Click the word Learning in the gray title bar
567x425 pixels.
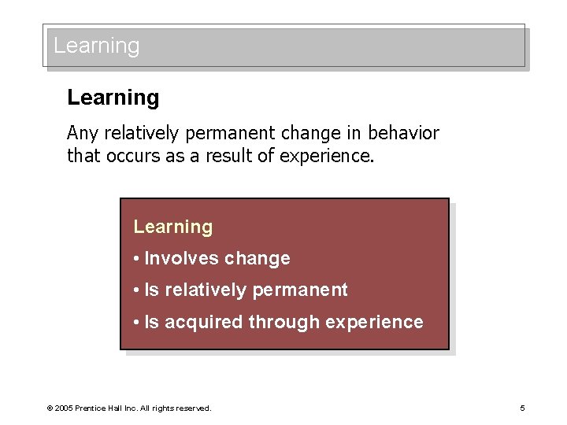pyautogui.click(x=96, y=46)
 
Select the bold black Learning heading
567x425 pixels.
pyautogui.click(x=113, y=98)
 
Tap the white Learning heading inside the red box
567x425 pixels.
pyautogui.click(x=173, y=227)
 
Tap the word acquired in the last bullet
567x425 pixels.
pyautogui.click(x=203, y=323)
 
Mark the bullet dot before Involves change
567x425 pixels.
pyautogui.click(x=137, y=259)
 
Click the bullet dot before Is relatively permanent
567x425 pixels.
pyautogui.click(x=137, y=290)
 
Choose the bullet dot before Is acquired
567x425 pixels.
pyautogui.click(x=137, y=323)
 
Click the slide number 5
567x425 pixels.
pyautogui.click(x=522, y=408)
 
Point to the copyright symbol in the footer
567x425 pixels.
pyautogui.click(x=50, y=408)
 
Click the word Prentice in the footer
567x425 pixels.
pyautogui.click(x=92, y=408)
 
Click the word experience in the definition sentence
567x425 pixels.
pyautogui.click(x=334, y=156)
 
